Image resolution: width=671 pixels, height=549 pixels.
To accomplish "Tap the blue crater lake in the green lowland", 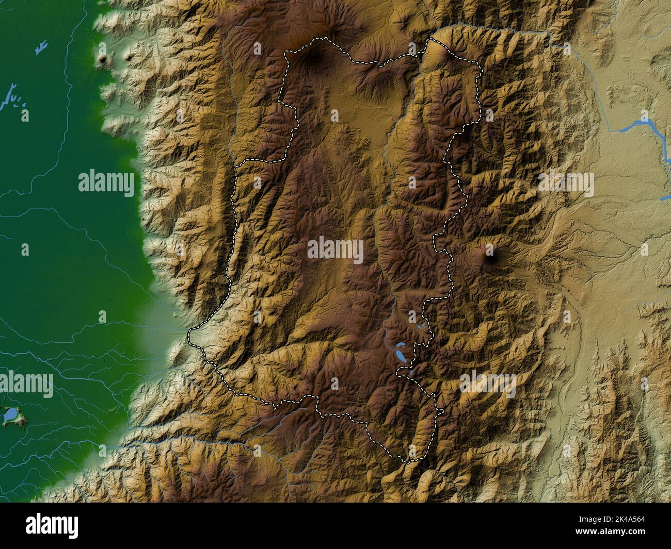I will [9, 414].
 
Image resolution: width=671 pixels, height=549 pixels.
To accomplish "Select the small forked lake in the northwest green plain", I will [39, 48].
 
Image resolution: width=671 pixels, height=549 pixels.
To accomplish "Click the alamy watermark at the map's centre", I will [335, 251].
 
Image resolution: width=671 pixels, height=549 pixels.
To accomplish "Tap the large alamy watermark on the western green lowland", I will [106, 184].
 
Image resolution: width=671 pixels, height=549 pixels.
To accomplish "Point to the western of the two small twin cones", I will [104, 60].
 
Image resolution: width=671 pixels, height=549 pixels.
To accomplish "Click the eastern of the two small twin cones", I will [127, 58].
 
